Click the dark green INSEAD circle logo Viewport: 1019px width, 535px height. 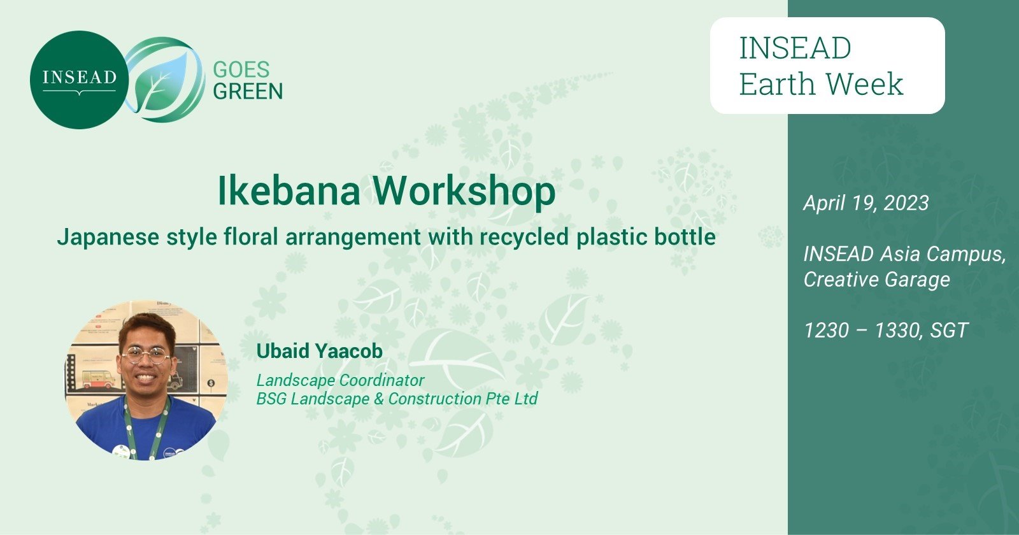pyautogui.click(x=79, y=80)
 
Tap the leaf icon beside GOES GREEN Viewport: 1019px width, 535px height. pyautogui.click(x=164, y=80)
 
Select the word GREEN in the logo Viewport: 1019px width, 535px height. pyautogui.click(x=248, y=92)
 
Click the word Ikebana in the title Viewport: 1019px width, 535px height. pyautogui.click(x=289, y=190)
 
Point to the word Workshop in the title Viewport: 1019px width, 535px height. pyautogui.click(x=464, y=190)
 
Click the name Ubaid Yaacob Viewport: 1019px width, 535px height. pyautogui.click(x=319, y=351)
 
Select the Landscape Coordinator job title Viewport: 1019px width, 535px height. pyautogui.click(x=340, y=380)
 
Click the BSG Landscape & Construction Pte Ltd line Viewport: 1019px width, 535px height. pyautogui.click(x=397, y=399)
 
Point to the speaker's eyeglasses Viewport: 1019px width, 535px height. pyautogui.click(x=146, y=354)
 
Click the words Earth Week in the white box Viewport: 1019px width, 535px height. pyautogui.click(x=821, y=84)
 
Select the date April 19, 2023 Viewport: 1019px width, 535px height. pyautogui.click(x=866, y=203)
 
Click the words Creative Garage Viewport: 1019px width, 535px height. pyautogui.click(x=876, y=280)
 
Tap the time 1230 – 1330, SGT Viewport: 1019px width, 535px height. pyautogui.click(x=885, y=331)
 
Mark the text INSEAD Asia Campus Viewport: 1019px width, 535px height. pyautogui.click(x=904, y=254)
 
